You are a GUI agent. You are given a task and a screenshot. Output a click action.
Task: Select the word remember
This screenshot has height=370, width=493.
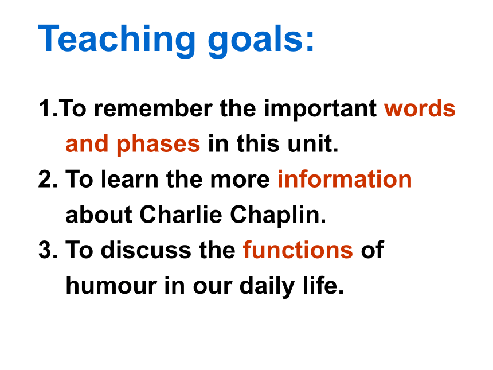coord(153,108)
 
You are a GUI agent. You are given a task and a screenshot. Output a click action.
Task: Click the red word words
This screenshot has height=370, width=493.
coord(420,108)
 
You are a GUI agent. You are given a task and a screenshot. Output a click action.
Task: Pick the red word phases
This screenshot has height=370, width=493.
coord(158,145)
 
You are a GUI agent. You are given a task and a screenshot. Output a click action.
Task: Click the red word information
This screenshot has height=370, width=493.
coord(345,179)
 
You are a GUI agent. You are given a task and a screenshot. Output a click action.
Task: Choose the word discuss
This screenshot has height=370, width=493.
coord(146,250)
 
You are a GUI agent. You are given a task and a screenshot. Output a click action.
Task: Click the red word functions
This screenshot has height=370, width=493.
coord(298,250)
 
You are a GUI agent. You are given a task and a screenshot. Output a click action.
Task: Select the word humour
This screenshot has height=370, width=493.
coord(111,286)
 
